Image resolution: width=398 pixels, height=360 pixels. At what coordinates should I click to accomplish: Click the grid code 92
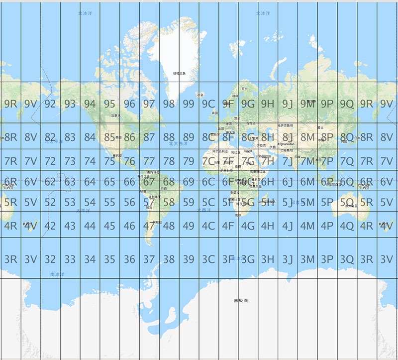click(x=50, y=104)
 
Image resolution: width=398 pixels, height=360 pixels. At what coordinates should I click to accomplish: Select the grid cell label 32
click(x=50, y=259)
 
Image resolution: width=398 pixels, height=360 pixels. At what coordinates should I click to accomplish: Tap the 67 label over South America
click(x=149, y=182)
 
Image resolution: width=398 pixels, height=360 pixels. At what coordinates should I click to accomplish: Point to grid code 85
click(x=109, y=137)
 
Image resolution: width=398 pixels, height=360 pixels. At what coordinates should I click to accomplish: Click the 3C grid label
click(x=208, y=259)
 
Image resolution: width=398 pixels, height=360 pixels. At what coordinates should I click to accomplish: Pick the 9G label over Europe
click(x=248, y=104)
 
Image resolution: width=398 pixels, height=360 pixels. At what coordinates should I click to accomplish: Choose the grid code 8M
click(x=307, y=137)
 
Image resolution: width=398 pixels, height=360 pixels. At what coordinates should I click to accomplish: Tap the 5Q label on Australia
click(x=347, y=203)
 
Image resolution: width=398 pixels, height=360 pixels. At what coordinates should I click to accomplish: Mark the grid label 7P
click(x=327, y=161)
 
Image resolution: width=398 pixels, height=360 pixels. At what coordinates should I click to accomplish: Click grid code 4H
click(x=268, y=226)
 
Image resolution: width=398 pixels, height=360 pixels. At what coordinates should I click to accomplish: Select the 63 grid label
click(x=70, y=182)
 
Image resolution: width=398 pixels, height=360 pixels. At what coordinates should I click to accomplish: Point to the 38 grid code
click(x=169, y=259)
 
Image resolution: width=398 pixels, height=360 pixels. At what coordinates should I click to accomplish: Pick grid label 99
click(x=189, y=104)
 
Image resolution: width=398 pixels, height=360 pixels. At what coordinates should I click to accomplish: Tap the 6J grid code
click(x=288, y=182)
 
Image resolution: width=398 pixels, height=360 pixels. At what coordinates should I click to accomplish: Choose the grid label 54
click(x=90, y=203)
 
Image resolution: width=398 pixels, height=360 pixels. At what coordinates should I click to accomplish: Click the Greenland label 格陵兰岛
click(x=179, y=73)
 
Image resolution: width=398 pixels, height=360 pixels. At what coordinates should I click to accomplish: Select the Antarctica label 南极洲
click(x=240, y=300)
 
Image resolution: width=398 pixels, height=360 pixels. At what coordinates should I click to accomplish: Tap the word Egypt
click(x=248, y=151)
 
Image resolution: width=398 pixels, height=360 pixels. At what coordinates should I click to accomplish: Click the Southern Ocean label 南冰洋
click(x=57, y=274)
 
